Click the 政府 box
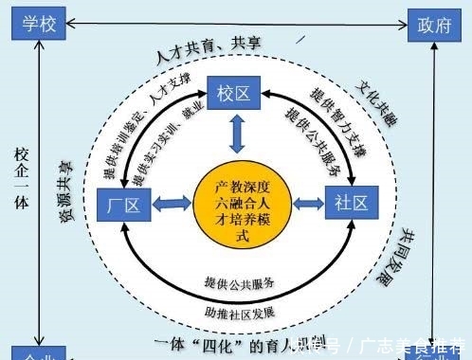pyautogui.click(x=433, y=25)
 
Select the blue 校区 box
pyautogui.click(x=235, y=93)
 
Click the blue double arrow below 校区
pyautogui.click(x=236, y=135)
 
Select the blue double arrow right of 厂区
pyautogui.click(x=171, y=204)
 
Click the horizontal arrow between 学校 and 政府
pyautogui.click(x=237, y=22)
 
